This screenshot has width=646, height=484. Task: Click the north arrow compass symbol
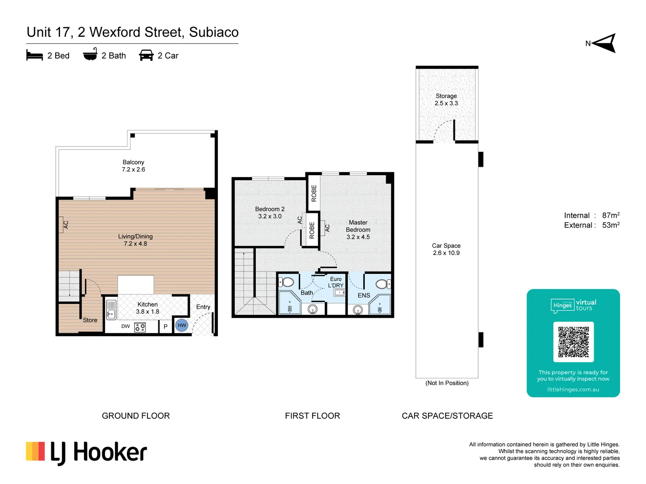[604, 43]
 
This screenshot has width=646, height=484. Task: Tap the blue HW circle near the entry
[182, 325]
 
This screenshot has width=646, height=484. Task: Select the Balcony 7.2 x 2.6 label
[133, 166]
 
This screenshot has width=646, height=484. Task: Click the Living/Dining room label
[135, 240]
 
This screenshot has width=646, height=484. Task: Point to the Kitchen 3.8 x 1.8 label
[148, 308]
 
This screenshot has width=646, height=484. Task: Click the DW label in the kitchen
[126, 326]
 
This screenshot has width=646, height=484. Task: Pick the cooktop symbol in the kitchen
[140, 327]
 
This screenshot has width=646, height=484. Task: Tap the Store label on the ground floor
[90, 320]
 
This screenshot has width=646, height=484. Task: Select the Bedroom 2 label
[270, 212]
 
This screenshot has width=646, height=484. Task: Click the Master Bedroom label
[358, 229]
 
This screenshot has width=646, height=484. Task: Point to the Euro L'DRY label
[336, 282]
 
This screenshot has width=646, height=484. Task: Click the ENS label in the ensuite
[364, 295]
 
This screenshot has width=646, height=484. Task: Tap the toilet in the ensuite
[383, 284]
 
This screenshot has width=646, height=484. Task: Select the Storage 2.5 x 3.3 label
[446, 99]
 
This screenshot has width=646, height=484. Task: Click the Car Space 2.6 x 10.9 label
[446, 249]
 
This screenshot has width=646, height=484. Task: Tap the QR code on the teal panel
[573, 342]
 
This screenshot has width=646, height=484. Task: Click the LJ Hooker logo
[87, 452]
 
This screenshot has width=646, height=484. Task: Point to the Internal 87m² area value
[611, 216]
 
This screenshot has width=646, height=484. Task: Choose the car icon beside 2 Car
[146, 56]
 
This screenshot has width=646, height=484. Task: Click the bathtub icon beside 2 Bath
[90, 55]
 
